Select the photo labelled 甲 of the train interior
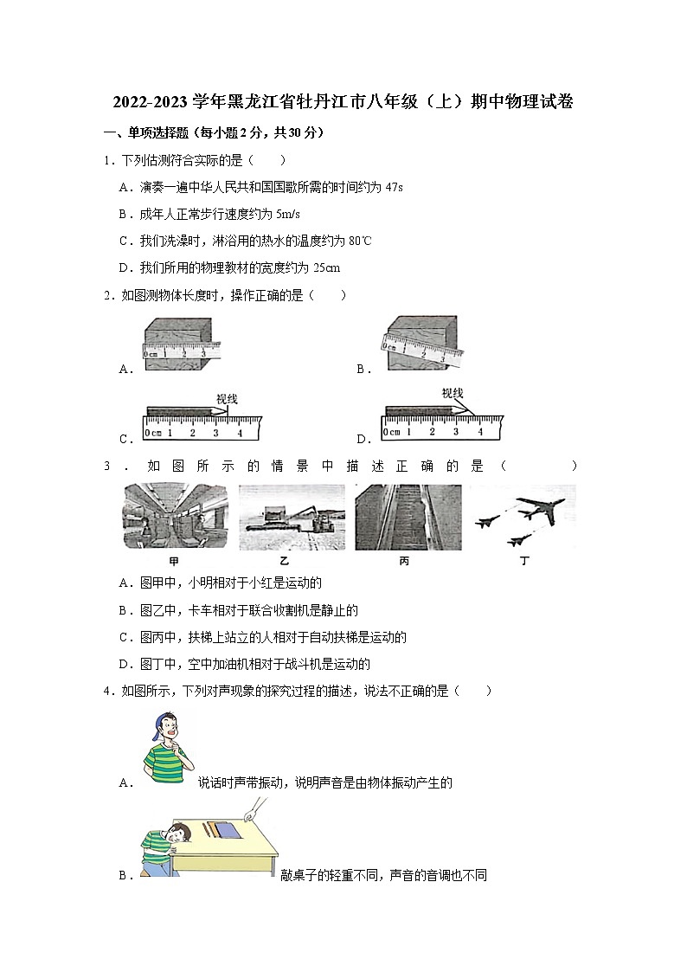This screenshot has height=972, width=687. point(176,517)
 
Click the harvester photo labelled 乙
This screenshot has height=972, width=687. point(291,517)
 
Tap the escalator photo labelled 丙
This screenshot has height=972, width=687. point(408,517)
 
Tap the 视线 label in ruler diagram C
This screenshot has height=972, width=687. point(227,399)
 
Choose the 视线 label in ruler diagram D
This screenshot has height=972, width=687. point(453,393)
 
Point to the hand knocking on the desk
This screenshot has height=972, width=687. point(254,810)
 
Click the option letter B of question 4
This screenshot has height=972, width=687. point(123,875)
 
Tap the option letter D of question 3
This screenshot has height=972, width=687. point(123,664)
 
